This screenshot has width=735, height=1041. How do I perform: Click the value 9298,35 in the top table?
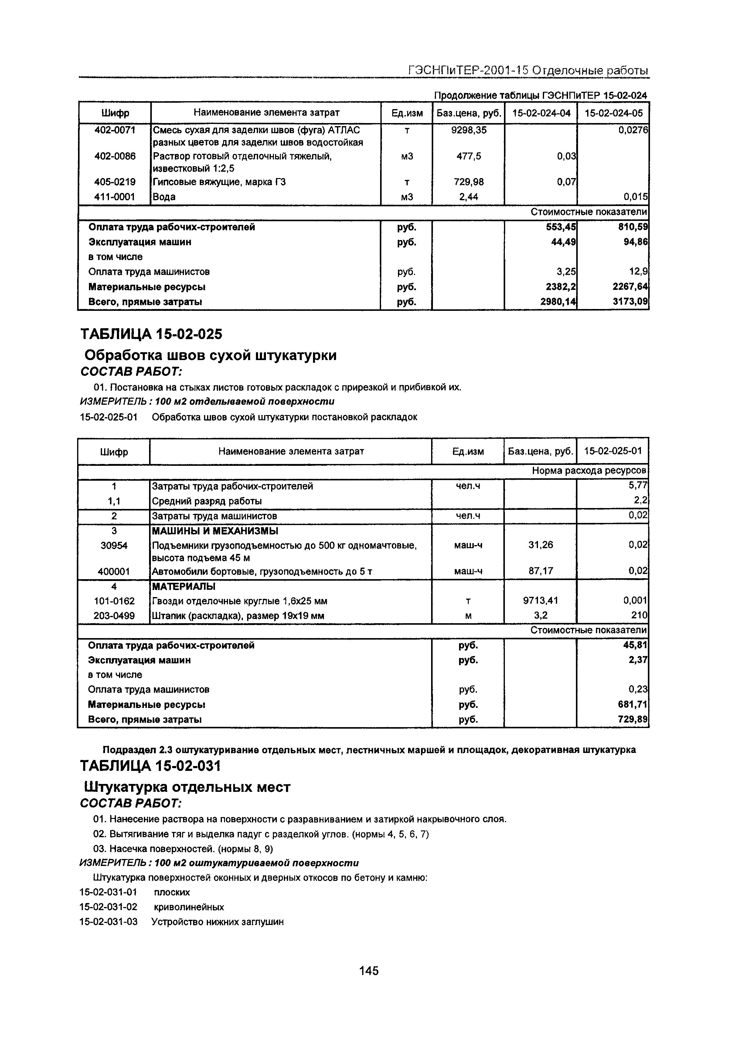[468, 130]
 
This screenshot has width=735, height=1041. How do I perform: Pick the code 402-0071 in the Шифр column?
[115, 130]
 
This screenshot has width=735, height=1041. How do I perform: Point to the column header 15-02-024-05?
[613, 113]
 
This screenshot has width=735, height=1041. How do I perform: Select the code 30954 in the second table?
[114, 546]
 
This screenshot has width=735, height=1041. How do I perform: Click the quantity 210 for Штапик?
[640, 616]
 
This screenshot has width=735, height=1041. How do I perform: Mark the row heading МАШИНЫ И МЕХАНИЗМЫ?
[215, 531]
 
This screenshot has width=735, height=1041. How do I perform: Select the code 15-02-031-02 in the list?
[108, 907]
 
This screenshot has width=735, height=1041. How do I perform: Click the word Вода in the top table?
[164, 197]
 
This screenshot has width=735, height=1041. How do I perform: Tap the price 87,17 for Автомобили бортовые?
[541, 571]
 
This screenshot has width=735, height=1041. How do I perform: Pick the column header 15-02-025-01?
[613, 451]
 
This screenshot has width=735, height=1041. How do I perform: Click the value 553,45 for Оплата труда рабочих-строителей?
[560, 227]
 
